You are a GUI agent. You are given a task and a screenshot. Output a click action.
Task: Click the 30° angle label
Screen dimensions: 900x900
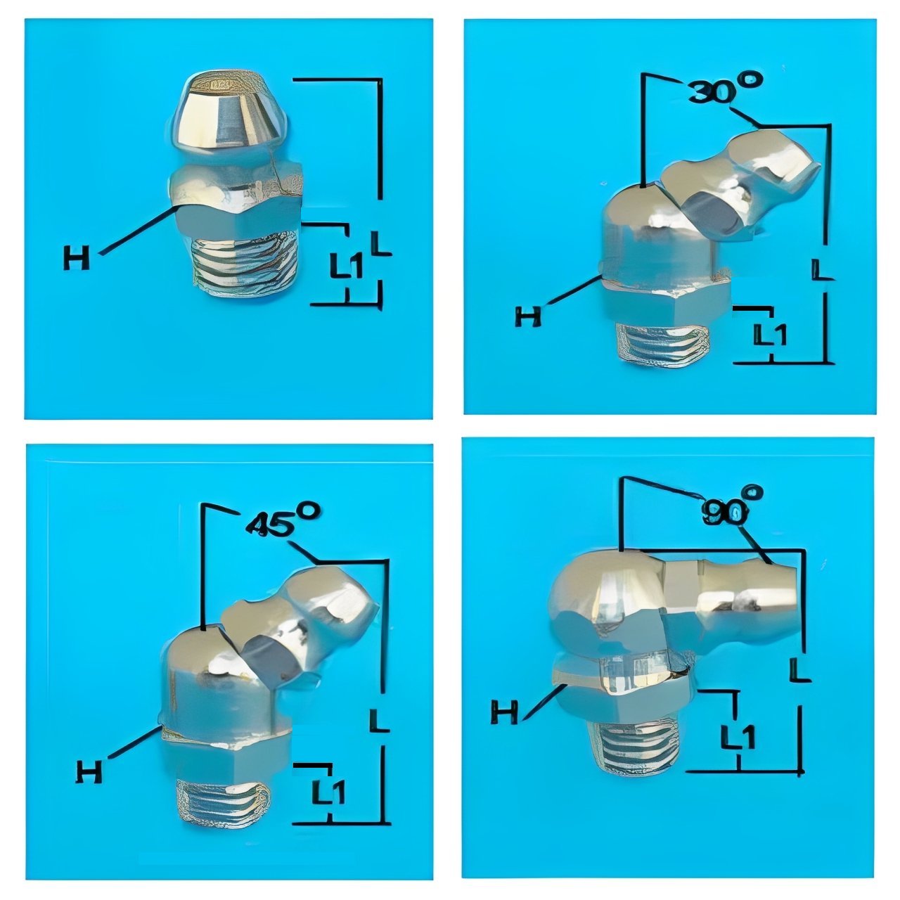725,90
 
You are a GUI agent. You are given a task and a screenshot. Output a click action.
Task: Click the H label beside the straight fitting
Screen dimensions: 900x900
76,258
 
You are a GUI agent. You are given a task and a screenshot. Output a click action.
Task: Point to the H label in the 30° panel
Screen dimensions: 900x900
528,316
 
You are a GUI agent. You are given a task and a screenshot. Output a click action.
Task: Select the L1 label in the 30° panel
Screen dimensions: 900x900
770,335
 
